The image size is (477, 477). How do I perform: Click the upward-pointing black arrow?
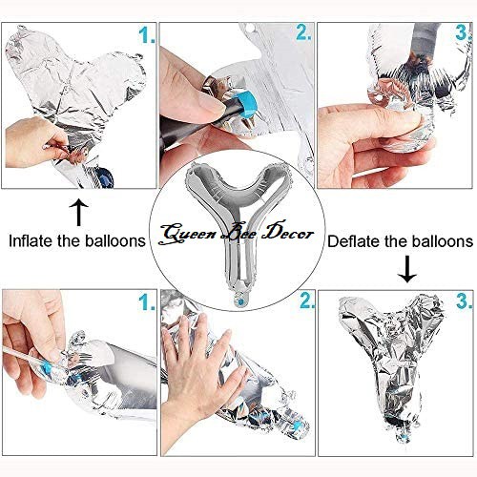pyautogui.click(x=78, y=213)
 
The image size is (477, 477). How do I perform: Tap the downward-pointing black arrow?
pyautogui.click(x=407, y=269)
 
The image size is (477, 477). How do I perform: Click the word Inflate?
pyautogui.click(x=31, y=240)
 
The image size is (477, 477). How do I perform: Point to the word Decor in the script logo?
pyautogui.click(x=287, y=233)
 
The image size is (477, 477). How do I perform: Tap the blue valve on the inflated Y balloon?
pyautogui.click(x=240, y=301)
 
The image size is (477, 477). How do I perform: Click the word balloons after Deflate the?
pyautogui.click(x=444, y=241)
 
